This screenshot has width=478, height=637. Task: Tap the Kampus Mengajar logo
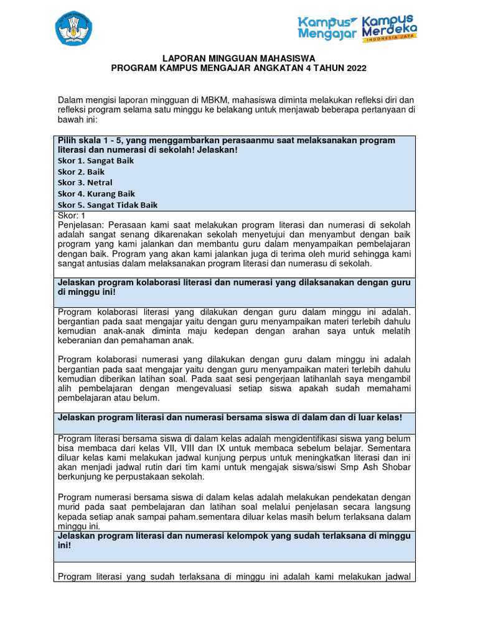tap(327, 28)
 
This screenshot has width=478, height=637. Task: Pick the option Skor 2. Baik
tap(81, 172)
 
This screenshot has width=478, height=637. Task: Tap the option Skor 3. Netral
tap(85, 183)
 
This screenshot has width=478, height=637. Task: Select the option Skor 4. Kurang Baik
tap(96, 194)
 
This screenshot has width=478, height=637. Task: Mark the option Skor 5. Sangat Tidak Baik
tap(107, 205)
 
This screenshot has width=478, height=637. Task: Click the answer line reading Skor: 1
tap(72, 215)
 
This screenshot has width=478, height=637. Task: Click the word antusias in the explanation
tap(104, 264)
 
